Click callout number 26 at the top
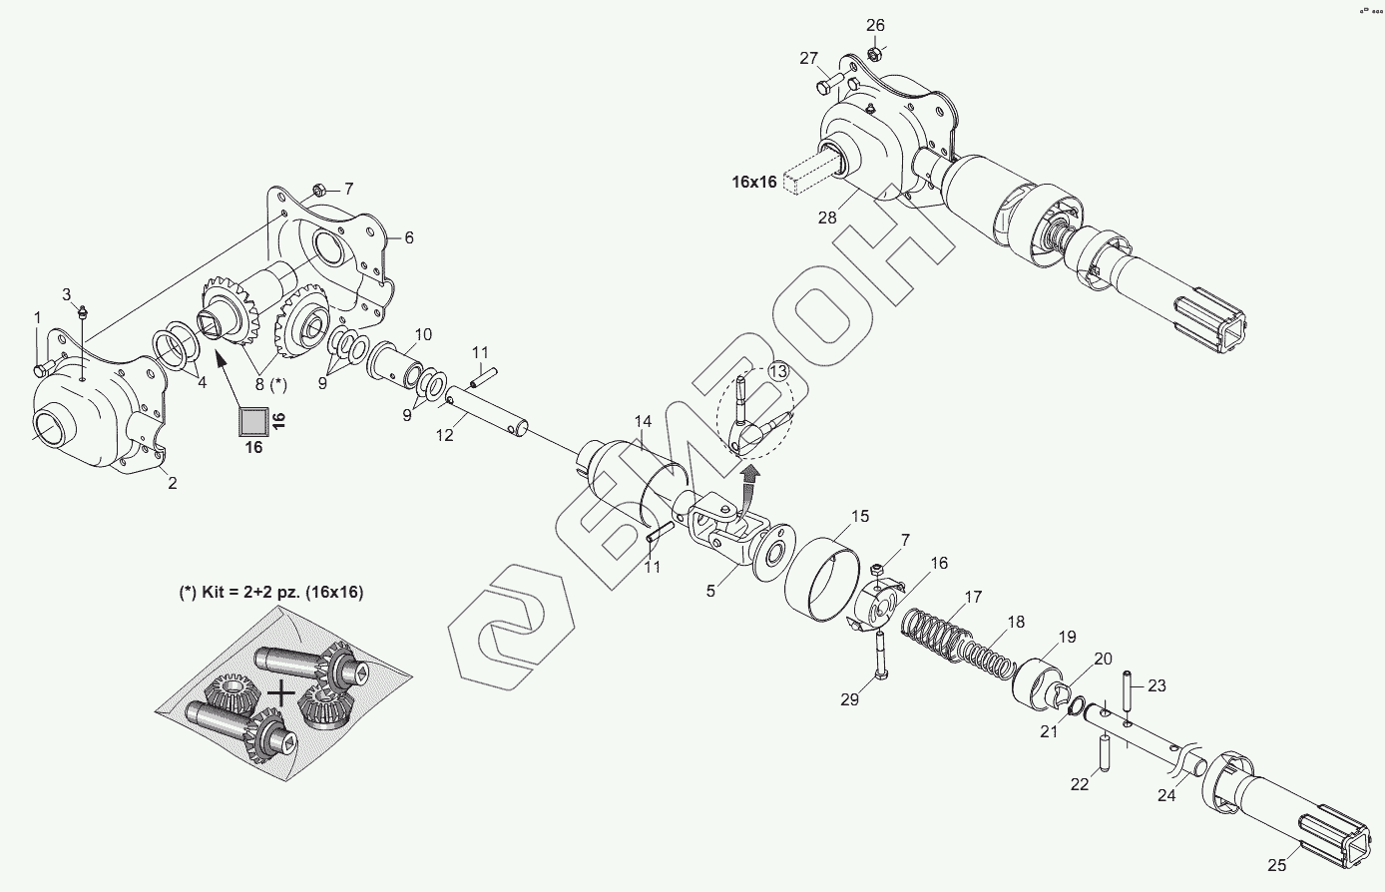[x=875, y=25]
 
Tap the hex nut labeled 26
[x=873, y=53]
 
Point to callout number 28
[x=826, y=218]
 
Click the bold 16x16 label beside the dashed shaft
[x=754, y=182]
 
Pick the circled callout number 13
[x=778, y=371]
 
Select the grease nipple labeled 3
[x=84, y=310]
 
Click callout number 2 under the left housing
[x=172, y=484]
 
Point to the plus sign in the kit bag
[x=282, y=691]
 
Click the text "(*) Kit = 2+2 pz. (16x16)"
[x=270, y=592]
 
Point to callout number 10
[x=423, y=334]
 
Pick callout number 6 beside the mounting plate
[x=408, y=237]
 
